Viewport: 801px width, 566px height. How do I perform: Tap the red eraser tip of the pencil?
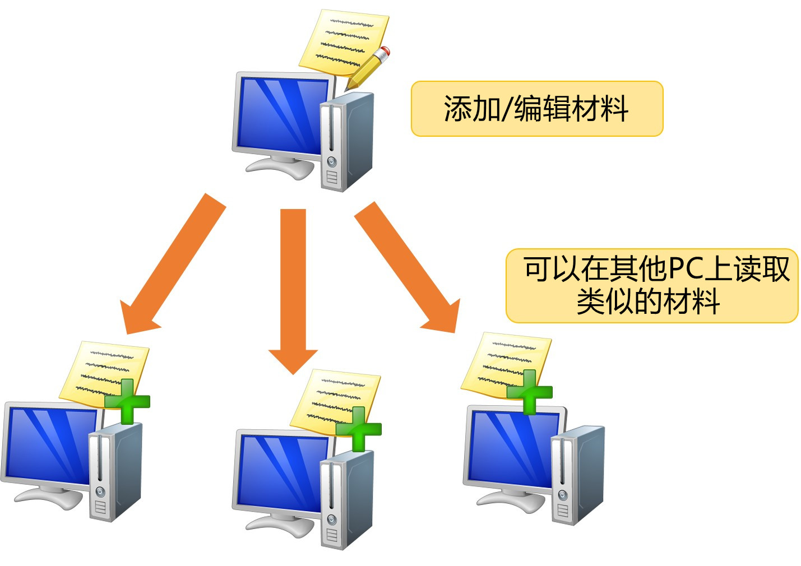pos(385,51)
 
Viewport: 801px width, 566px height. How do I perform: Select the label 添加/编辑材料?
pos(536,109)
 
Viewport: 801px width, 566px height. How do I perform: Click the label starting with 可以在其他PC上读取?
pos(651,286)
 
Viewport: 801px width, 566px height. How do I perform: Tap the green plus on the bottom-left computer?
pos(127,402)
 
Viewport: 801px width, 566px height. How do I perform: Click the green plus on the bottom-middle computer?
pos(359,429)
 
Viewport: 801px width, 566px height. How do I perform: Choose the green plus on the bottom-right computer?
pos(530,392)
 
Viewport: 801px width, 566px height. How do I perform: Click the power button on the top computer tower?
pos(331,161)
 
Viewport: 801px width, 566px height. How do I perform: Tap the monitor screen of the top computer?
pos(283,116)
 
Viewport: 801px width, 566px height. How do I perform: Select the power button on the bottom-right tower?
pos(562,495)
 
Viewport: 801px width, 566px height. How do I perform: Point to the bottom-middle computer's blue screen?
pos(283,473)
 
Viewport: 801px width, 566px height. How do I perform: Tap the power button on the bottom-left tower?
pos(100,491)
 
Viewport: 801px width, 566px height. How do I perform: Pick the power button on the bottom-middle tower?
pos(331,519)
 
